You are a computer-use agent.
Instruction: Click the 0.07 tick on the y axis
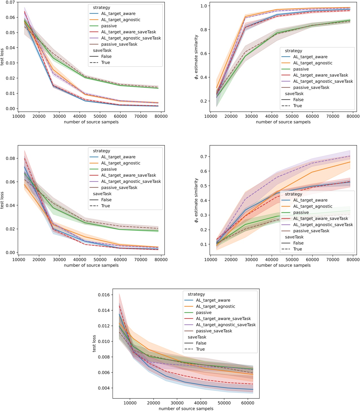(x=10, y=2)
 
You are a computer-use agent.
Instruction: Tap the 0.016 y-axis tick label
(x=104, y=295)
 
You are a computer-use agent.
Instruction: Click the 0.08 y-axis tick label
(x=10, y=158)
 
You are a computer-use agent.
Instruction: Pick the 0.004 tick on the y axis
(x=104, y=388)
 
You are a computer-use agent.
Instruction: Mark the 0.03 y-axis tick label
(x=10, y=63)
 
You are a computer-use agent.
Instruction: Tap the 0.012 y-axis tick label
(x=104, y=326)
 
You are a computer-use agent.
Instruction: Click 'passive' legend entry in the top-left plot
(x=109, y=26)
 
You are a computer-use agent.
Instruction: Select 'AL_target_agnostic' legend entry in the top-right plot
(x=313, y=63)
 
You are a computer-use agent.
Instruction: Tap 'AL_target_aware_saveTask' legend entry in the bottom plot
(x=223, y=319)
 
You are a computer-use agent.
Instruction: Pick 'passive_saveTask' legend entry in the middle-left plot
(x=119, y=188)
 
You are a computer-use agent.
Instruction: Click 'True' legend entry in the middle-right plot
(x=297, y=249)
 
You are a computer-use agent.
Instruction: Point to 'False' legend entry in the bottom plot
(x=201, y=343)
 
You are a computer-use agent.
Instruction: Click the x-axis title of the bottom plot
(x=186, y=408)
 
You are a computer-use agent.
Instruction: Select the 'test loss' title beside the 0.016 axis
(x=94, y=343)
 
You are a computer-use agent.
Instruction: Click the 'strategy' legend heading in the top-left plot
(x=101, y=8)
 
